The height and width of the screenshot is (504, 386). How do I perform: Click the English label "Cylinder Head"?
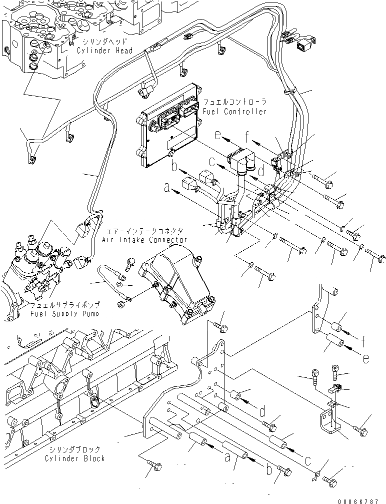(104, 51)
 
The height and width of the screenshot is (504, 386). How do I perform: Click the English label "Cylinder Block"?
(74, 458)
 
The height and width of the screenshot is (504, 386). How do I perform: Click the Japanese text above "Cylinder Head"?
(104, 42)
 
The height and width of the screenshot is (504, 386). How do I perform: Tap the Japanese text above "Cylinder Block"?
(74, 449)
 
